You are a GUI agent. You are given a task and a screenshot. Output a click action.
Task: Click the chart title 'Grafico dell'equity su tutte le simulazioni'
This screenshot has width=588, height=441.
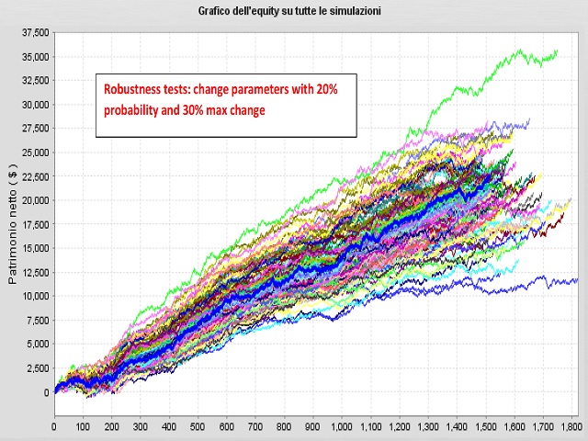tap(289, 11)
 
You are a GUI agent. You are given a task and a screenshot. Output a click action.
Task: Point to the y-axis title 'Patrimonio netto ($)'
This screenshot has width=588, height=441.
tap(13, 223)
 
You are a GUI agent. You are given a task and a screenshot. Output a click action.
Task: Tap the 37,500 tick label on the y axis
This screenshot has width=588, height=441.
tap(36, 33)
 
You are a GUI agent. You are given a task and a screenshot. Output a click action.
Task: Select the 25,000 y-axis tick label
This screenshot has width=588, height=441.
tap(36, 153)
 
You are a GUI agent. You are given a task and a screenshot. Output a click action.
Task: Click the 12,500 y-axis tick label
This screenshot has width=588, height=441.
tap(36, 272)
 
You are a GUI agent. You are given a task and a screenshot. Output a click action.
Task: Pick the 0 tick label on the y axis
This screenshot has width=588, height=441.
tap(47, 392)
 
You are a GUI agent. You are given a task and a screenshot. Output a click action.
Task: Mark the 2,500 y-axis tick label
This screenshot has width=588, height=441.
tap(39, 368)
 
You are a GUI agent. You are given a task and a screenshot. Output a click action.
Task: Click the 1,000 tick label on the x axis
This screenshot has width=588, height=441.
tap(342, 426)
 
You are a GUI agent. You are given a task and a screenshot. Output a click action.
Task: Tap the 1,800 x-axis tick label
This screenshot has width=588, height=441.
tap(571, 426)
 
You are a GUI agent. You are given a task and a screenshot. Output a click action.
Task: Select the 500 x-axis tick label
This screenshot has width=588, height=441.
tap(198, 426)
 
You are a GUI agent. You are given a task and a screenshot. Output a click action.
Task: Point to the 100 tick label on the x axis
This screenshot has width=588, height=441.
tap(84, 426)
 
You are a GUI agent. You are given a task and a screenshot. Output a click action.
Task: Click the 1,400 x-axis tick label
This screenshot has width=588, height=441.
tap(457, 426)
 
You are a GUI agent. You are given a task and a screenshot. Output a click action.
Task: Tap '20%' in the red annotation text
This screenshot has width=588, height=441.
tap(327, 89)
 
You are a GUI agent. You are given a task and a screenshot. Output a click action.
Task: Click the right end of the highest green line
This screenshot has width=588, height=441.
tap(558, 51)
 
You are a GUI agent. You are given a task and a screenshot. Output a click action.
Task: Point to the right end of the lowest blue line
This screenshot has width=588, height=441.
tap(578, 279)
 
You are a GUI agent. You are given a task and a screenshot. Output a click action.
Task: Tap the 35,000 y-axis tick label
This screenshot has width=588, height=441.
tap(36, 57)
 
